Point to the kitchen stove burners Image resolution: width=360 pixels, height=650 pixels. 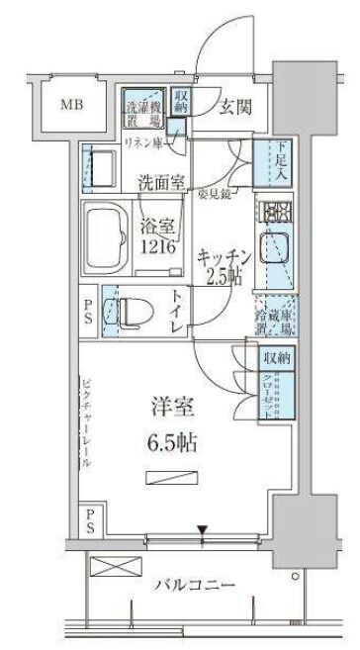pyautogui.click(x=273, y=210)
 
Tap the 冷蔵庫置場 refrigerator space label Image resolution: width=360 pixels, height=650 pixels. pyautogui.click(x=273, y=319)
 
